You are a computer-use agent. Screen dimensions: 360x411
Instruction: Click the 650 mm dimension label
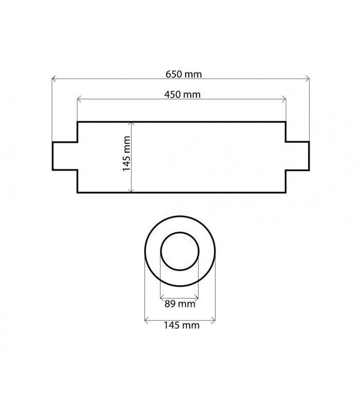(x=184, y=74)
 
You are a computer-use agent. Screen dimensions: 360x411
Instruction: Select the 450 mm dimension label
(x=183, y=95)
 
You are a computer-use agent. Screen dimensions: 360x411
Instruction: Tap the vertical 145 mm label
(x=127, y=154)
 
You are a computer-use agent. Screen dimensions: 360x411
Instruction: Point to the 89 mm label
(x=180, y=304)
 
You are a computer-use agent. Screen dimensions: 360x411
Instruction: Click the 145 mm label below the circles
(x=182, y=325)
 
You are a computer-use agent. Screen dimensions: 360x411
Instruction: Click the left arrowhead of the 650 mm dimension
(x=53, y=79)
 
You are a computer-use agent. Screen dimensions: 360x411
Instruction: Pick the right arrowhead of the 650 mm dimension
(x=308, y=79)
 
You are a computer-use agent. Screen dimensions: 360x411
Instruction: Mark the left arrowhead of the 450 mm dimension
(x=79, y=99)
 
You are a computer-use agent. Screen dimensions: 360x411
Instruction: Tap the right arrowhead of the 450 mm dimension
(x=284, y=99)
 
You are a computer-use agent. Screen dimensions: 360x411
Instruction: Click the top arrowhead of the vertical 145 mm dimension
(x=132, y=124)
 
